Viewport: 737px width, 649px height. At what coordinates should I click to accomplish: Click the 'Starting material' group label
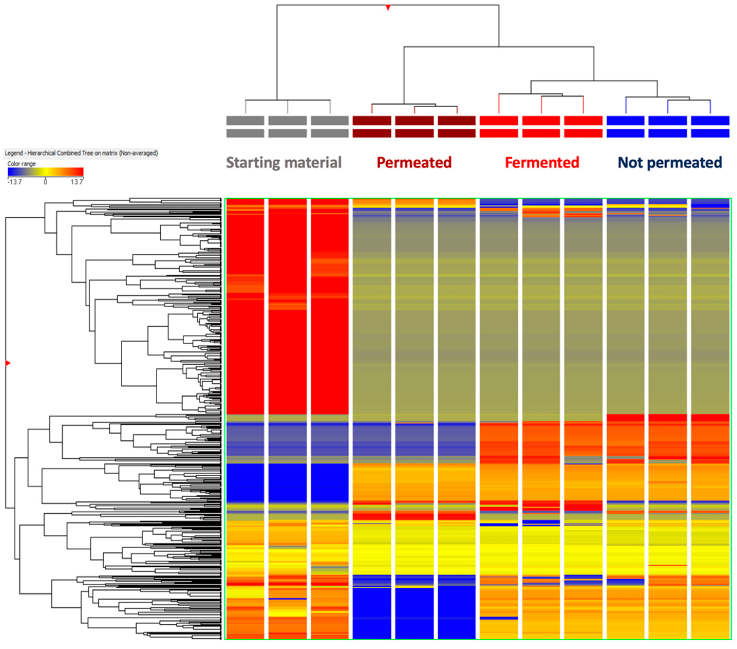[x=284, y=163]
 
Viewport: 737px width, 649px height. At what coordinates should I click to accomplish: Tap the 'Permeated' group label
[x=414, y=163]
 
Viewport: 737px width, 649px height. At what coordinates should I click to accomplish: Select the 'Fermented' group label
[x=542, y=163]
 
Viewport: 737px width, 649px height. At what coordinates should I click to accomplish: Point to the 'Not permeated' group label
[x=669, y=163]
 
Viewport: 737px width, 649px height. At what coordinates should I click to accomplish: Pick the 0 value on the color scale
[x=45, y=182]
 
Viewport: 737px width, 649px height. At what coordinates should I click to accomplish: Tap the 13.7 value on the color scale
[x=77, y=182]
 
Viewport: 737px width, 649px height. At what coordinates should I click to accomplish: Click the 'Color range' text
[x=22, y=164]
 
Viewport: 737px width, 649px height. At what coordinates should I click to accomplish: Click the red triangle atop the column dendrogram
[x=388, y=7]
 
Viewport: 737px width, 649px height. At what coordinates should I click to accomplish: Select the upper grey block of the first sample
[x=245, y=120]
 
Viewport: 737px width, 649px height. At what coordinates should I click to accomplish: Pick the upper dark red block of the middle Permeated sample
[x=414, y=120]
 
